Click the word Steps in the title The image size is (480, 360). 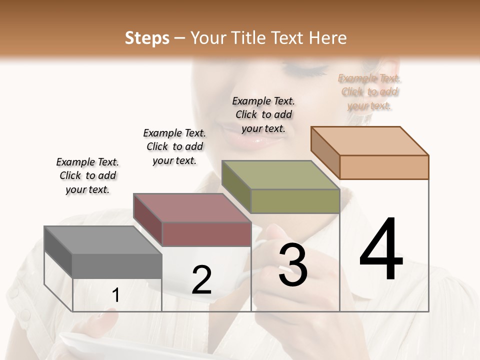[147, 38]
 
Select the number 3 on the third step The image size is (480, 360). [292, 265]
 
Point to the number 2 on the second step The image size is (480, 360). [201, 280]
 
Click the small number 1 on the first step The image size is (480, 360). [116, 295]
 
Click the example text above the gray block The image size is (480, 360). [87, 175]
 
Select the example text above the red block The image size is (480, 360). [174, 146]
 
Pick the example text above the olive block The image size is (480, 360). [263, 114]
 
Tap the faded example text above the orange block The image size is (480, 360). [369, 92]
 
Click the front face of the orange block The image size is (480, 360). [384, 167]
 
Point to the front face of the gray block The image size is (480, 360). [117, 265]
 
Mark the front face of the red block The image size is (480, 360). [206, 234]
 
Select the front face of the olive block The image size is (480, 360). [295, 201]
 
